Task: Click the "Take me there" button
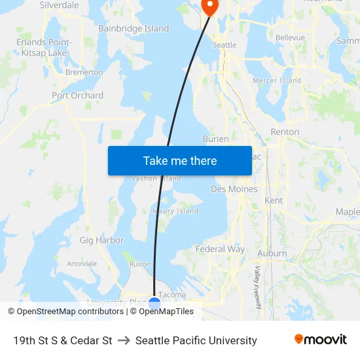pyautogui.click(x=179, y=161)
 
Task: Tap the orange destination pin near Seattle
pyautogui.click(x=209, y=7)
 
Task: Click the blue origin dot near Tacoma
pyautogui.click(x=154, y=303)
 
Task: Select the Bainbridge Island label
pyautogui.click(x=134, y=29)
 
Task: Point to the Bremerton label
pyautogui.click(x=84, y=73)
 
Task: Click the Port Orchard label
pyautogui.click(x=77, y=96)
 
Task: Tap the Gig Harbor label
pyautogui.click(x=101, y=240)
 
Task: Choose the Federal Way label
pyautogui.click(x=220, y=249)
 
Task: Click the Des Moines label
pyautogui.click(x=234, y=189)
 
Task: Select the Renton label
pyautogui.click(x=285, y=132)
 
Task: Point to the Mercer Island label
pyautogui.click(x=277, y=81)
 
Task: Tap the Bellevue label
pyautogui.click(x=290, y=38)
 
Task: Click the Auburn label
pyautogui.click(x=272, y=253)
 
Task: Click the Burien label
pyautogui.click(x=215, y=139)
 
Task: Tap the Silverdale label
pyautogui.click(x=60, y=5)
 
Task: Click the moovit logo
pyautogui.click(x=320, y=340)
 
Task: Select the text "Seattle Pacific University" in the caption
pyautogui.click(x=196, y=340)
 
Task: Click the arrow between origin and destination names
pyautogui.click(x=124, y=340)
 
